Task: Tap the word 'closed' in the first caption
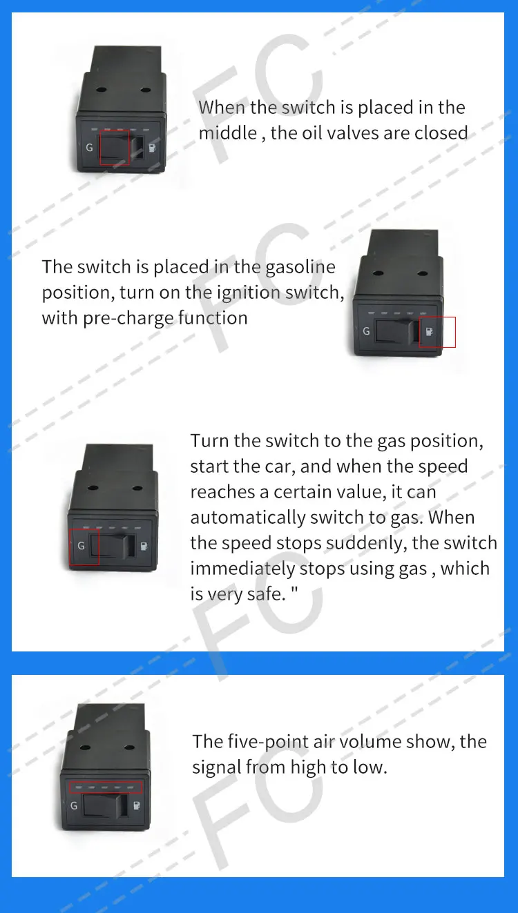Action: click(x=441, y=133)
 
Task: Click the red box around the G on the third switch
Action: click(x=85, y=547)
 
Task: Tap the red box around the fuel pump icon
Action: click(x=438, y=332)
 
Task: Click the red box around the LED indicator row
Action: click(x=106, y=787)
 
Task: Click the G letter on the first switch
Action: click(x=90, y=146)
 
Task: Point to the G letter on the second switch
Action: click(x=366, y=331)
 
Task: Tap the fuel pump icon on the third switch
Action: click(x=144, y=547)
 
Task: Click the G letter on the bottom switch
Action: click(x=74, y=805)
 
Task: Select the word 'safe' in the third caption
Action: click(x=269, y=594)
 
